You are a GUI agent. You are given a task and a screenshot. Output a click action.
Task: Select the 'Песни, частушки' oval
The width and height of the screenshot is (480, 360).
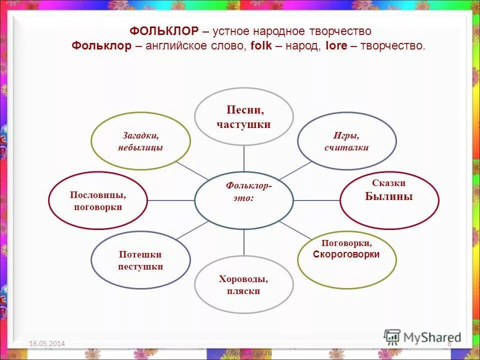tap(243, 117)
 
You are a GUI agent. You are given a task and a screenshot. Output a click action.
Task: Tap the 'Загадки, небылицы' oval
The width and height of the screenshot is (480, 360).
tap(140, 141)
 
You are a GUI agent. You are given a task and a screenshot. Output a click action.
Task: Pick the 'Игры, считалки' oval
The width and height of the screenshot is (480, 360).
tap(346, 141)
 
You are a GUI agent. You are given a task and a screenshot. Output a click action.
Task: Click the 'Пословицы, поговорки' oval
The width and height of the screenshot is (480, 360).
tap(98, 200)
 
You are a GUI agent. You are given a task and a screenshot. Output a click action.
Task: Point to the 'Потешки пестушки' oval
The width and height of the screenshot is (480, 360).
tap(140, 260)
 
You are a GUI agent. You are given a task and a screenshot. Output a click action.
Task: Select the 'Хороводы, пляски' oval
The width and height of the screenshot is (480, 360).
tap(243, 285)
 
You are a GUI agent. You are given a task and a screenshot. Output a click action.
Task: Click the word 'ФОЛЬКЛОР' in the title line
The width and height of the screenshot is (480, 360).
tap(164, 31)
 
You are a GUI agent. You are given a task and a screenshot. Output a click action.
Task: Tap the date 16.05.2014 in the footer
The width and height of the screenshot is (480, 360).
tap(47, 343)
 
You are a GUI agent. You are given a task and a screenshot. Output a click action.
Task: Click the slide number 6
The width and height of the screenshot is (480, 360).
tap(449, 343)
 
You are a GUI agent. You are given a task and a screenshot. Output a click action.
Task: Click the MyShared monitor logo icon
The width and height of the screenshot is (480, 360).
tap(392, 336)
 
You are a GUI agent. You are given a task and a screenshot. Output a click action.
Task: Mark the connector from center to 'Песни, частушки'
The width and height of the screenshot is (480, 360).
tap(244, 158)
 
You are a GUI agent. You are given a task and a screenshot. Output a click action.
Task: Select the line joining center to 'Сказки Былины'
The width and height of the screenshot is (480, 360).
tap(316, 200)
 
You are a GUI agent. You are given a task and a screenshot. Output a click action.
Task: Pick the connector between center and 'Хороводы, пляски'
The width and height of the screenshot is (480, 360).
tap(244, 243)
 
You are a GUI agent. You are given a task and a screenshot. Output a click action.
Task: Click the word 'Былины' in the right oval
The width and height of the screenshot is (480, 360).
tap(389, 196)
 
